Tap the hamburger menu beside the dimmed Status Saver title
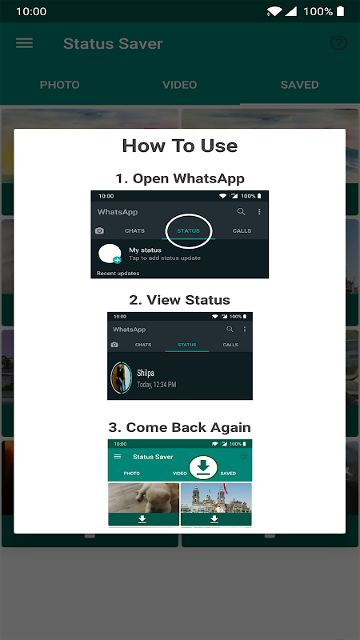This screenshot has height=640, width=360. tap(24, 43)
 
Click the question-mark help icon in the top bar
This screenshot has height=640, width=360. tap(338, 43)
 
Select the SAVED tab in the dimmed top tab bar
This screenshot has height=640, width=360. tap(299, 85)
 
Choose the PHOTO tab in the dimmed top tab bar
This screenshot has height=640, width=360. tap(59, 85)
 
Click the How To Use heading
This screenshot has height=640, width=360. tap(179, 146)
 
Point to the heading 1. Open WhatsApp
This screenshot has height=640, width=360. tap(179, 178)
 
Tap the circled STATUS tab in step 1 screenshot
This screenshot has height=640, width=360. tap(189, 230)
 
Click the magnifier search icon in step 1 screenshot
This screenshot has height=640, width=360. tap(242, 211)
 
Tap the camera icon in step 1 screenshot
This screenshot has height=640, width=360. tap(99, 230)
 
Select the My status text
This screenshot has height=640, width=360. tap(145, 250)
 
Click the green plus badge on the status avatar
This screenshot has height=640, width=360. tap(117, 260)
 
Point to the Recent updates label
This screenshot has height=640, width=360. tap(118, 273)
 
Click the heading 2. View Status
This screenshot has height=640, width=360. tap(179, 300)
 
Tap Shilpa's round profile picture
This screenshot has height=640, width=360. tap(122, 378)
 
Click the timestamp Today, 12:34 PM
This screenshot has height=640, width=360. tap(157, 385)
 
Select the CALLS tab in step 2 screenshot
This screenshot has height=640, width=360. tap(230, 345)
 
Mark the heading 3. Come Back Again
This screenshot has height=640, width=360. tap(179, 427)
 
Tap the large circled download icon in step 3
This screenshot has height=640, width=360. tap(203, 467)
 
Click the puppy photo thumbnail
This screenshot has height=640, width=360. tap(144, 498)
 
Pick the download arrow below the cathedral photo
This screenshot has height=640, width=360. tap(214, 519)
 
